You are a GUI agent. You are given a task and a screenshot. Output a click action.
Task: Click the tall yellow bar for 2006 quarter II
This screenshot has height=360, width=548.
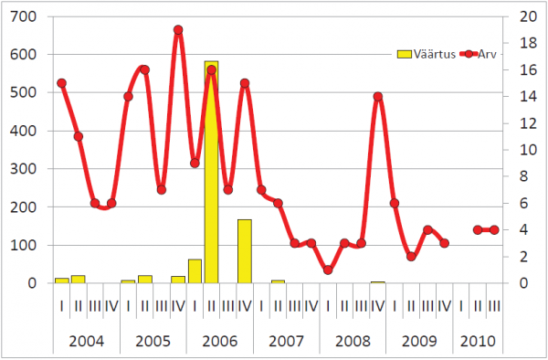[x=211, y=172]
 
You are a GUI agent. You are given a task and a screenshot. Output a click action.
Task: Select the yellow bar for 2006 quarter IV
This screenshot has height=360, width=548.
[x=245, y=251]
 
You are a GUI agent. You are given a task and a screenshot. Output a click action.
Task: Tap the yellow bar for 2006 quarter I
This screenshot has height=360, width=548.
[x=195, y=270]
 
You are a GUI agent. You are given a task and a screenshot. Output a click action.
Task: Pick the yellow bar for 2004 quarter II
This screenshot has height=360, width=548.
[x=79, y=279]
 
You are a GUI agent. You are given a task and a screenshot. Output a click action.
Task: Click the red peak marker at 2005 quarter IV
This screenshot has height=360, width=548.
[x=178, y=30]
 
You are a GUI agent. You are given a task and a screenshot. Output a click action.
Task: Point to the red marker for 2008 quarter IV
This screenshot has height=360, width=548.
[x=378, y=97]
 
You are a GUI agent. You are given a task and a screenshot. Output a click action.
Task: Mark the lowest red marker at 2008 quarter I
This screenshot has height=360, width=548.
[x=328, y=270]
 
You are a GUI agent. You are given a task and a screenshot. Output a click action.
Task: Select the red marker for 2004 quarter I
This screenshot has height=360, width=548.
[x=61, y=83]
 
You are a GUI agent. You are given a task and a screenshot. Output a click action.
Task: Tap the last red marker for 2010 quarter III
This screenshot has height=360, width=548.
[x=494, y=230]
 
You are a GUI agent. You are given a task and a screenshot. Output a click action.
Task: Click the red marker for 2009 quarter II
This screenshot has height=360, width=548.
[x=411, y=257]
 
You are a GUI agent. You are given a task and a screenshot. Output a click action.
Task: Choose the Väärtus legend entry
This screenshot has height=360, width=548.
[x=427, y=54]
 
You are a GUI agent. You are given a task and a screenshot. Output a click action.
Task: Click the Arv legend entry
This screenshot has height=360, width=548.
[x=478, y=54]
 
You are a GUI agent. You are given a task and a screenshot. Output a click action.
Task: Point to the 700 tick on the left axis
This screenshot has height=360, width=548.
[x=23, y=16]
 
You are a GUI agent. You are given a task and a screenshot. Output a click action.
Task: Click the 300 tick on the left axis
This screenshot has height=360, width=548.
[x=23, y=169]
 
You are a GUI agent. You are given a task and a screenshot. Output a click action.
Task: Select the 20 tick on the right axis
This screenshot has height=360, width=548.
[x=528, y=16]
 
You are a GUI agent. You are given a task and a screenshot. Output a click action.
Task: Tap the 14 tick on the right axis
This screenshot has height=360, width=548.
[x=528, y=97]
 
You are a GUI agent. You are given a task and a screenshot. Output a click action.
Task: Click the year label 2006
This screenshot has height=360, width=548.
[x=220, y=341]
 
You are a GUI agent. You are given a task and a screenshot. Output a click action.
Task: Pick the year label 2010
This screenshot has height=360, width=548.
[x=478, y=341]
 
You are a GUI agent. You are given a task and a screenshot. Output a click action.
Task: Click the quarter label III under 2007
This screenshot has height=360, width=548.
[x=294, y=306]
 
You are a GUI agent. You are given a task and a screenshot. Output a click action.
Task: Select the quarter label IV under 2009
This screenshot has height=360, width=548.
[x=444, y=306]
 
